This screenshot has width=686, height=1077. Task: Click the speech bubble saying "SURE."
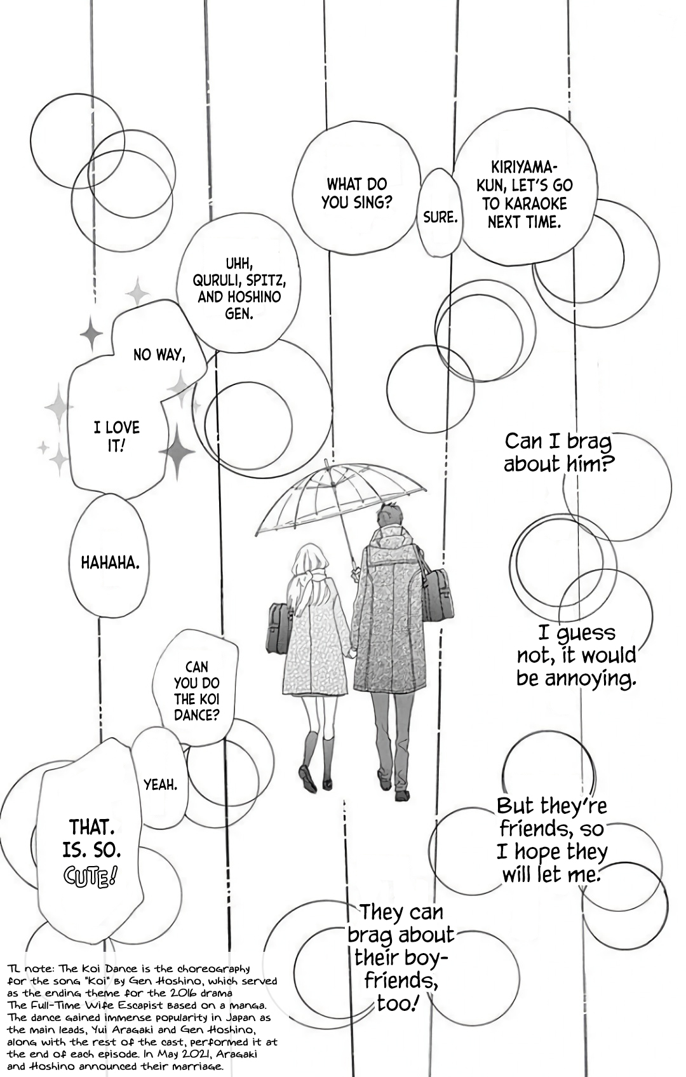click(x=440, y=217)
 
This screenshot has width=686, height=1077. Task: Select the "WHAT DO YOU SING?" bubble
click(x=356, y=193)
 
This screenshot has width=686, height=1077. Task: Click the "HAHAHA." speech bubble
click(x=111, y=562)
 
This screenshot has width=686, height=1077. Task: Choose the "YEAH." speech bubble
click(x=160, y=785)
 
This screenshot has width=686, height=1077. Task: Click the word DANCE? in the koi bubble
click(x=196, y=715)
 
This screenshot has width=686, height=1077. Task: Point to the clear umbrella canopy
click(x=330, y=496)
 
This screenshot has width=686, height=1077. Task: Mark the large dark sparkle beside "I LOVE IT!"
click(x=177, y=450)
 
